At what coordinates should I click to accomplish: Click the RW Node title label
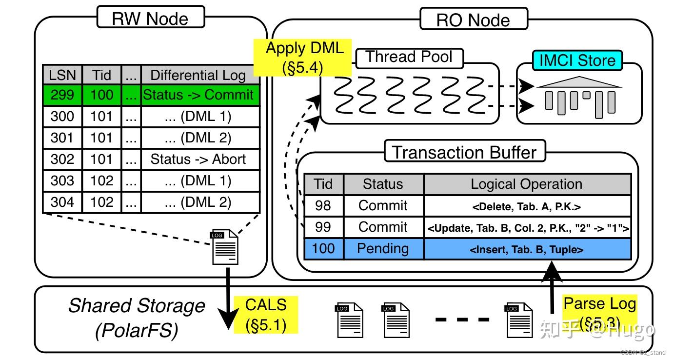(150, 19)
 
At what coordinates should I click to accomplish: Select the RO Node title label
(473, 20)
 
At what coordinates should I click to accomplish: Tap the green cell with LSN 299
(62, 95)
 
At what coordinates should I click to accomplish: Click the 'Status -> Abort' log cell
(198, 160)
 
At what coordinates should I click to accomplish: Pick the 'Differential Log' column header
(198, 75)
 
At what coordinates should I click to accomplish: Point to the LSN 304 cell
(62, 202)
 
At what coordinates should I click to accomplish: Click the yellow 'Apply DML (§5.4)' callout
(304, 57)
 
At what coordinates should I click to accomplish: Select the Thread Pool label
(409, 58)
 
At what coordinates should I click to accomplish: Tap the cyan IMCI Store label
(577, 60)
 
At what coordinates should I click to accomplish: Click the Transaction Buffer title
(464, 152)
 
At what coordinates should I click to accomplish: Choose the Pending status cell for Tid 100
(383, 248)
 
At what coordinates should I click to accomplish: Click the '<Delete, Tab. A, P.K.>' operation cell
(527, 206)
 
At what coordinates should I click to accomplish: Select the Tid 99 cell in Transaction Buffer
(323, 227)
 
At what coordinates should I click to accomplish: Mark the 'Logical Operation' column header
(527, 184)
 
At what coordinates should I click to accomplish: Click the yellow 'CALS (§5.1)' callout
(266, 314)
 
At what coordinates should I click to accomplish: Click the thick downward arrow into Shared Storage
(227, 302)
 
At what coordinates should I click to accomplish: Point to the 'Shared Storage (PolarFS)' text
(137, 318)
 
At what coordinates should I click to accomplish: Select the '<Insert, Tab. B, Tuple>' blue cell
(527, 249)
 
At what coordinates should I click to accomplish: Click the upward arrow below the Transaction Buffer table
(552, 288)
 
